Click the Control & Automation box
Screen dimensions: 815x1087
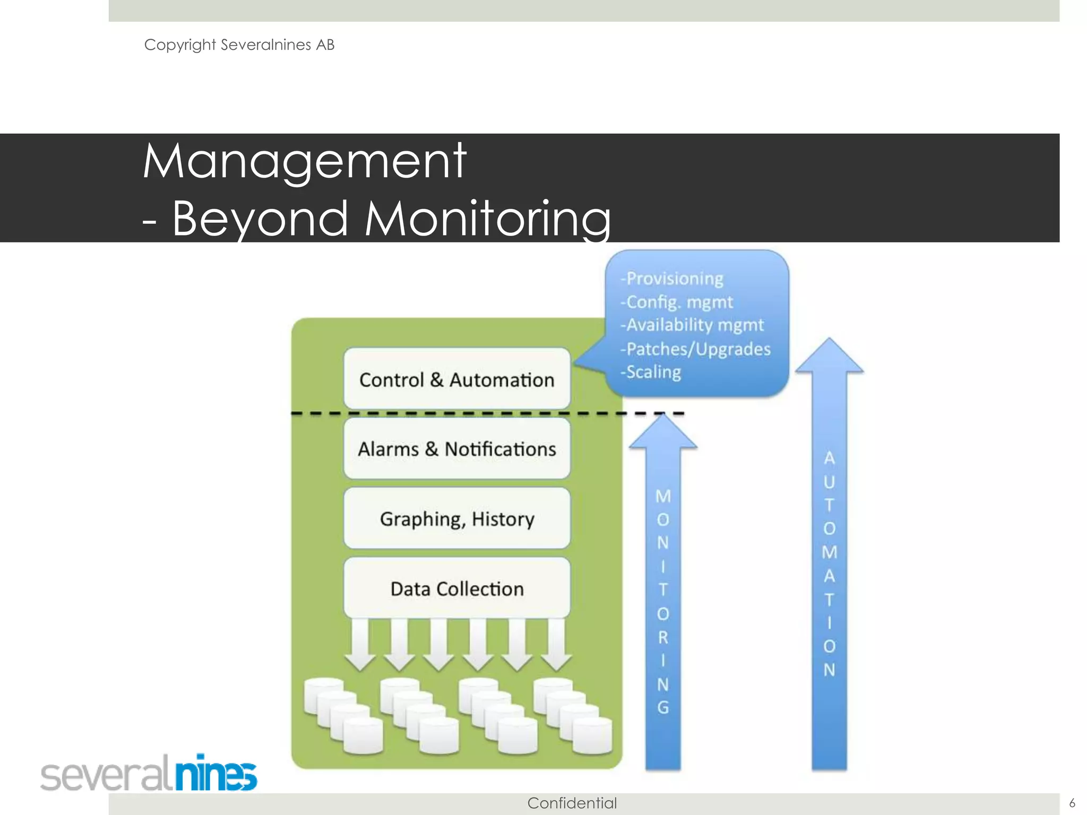coord(456,379)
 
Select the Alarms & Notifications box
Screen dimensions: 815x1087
coord(456,449)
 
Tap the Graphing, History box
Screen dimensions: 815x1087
coord(456,518)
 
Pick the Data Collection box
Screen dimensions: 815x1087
coord(456,588)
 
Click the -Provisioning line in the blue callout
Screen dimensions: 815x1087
coord(672,279)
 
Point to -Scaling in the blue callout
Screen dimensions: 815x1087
coord(651,372)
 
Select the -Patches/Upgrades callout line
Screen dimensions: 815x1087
coord(695,349)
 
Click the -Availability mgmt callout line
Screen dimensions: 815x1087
coord(692,325)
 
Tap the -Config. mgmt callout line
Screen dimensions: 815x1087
coord(676,302)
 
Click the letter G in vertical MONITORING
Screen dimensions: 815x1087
coord(663,707)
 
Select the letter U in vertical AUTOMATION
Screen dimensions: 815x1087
coord(829,482)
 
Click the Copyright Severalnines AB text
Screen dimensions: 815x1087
coord(239,45)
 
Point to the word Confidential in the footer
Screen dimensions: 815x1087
coord(572,803)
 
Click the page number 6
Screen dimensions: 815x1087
coord(1072,803)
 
